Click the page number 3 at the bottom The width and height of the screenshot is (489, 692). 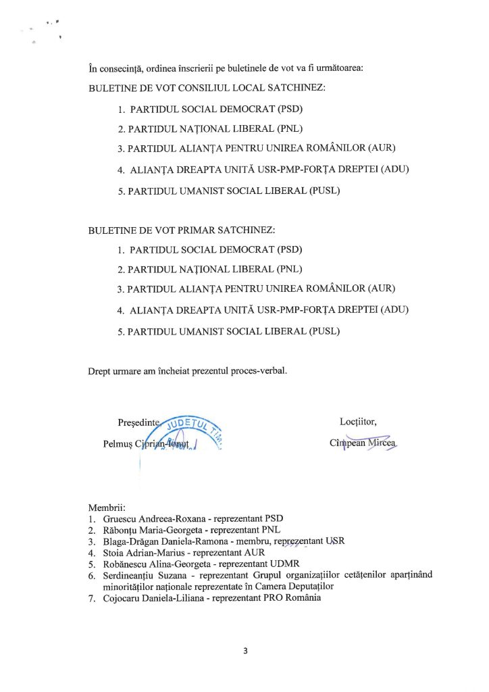[246, 651]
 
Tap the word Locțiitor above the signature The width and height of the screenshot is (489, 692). [358, 422]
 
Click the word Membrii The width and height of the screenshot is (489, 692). [106, 507]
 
